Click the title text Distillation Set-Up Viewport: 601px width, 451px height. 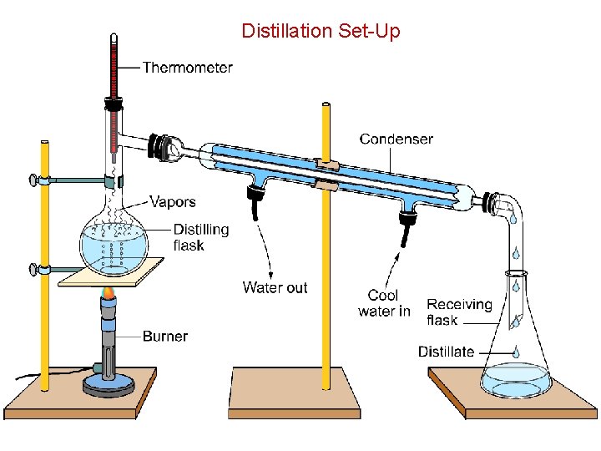(x=321, y=32)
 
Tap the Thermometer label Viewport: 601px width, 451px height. (x=187, y=68)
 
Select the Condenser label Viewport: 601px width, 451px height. (x=396, y=139)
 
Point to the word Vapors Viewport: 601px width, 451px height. (x=173, y=201)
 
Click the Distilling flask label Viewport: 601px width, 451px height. (x=200, y=237)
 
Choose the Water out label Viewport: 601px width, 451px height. (x=275, y=288)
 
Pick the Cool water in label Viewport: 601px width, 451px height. (x=384, y=303)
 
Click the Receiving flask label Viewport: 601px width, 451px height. (x=459, y=312)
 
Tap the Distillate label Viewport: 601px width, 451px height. (x=446, y=352)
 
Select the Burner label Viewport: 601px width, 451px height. (x=165, y=337)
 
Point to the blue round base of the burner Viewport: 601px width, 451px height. (x=109, y=385)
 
